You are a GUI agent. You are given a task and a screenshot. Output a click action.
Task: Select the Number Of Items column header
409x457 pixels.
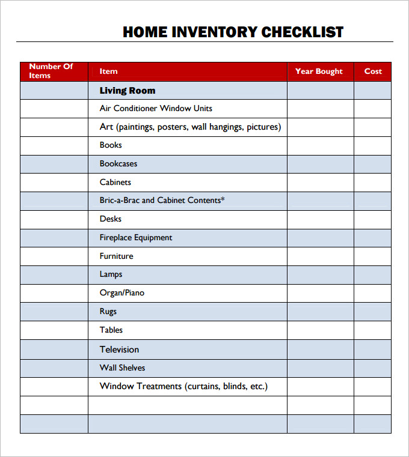[51, 71]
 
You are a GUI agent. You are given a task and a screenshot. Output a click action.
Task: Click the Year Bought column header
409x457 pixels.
[319, 71]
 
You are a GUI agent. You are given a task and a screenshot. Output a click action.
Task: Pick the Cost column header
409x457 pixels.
[373, 71]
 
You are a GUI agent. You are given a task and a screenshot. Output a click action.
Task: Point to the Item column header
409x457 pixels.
[109, 71]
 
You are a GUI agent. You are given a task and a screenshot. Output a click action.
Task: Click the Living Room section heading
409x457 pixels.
[128, 91]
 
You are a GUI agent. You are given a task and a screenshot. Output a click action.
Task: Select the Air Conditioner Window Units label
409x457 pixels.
[156, 109]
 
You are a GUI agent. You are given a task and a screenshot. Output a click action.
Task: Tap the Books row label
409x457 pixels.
[111, 145]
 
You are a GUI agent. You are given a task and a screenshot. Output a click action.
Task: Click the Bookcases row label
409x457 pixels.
[118, 164]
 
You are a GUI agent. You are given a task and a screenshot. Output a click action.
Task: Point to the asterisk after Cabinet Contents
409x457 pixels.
[223, 199]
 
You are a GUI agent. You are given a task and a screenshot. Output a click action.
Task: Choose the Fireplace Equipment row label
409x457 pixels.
[136, 238]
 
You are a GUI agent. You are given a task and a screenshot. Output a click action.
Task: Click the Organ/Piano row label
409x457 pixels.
[122, 293]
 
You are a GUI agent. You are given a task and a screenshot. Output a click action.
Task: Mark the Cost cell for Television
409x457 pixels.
[372, 350]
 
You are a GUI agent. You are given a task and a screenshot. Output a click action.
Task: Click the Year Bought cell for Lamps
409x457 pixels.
[320, 275]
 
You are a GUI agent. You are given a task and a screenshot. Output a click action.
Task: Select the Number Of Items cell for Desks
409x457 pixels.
[54, 220]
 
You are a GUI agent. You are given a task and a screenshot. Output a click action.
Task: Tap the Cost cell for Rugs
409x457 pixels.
[372, 312]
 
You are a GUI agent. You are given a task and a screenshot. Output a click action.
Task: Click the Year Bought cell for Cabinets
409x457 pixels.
[320, 183]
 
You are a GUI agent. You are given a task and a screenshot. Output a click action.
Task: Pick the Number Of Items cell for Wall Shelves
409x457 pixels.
[54, 368]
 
